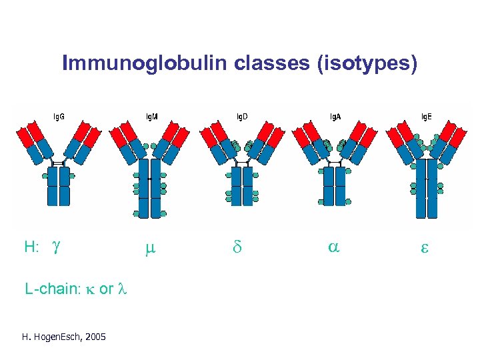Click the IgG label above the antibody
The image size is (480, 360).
pyautogui.click(x=59, y=117)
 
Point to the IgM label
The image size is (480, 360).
pyautogui.click(x=152, y=117)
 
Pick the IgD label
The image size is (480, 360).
pyautogui.click(x=241, y=117)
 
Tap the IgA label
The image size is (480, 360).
pyautogui.click(x=335, y=117)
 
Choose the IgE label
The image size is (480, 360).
pyautogui.click(x=425, y=117)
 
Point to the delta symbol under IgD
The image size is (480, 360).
pyautogui.click(x=237, y=248)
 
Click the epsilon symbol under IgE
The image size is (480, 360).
pyautogui.click(x=424, y=249)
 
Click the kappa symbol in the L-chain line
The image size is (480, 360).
pyautogui.click(x=89, y=290)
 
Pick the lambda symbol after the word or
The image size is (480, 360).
pyautogui.click(x=122, y=290)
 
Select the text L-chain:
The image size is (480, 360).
pyautogui.click(x=52, y=290)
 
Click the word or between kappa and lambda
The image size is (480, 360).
pyautogui.click(x=105, y=290)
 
